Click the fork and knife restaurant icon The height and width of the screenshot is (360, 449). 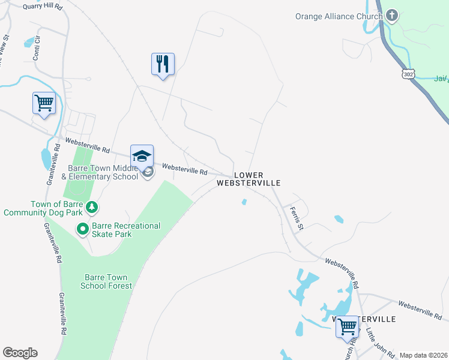pyautogui.click(x=163, y=64)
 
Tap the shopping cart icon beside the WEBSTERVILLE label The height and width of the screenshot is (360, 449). pyautogui.click(x=347, y=327)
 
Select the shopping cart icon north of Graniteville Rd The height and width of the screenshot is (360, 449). pyautogui.click(x=44, y=103)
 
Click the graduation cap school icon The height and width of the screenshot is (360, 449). pyautogui.click(x=142, y=156)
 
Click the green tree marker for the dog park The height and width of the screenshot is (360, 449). pyautogui.click(x=91, y=208)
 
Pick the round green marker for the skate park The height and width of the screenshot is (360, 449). pyautogui.click(x=82, y=229)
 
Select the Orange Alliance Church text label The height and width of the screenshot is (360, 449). pyautogui.click(x=339, y=16)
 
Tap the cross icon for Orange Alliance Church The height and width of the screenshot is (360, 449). pyautogui.click(x=392, y=15)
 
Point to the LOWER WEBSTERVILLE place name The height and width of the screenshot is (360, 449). pyautogui.click(x=249, y=178)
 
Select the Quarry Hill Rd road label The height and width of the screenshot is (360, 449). pyautogui.click(x=42, y=6)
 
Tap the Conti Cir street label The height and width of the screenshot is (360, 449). pyautogui.click(x=38, y=45)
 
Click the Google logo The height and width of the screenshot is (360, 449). pyautogui.click(x=20, y=353)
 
